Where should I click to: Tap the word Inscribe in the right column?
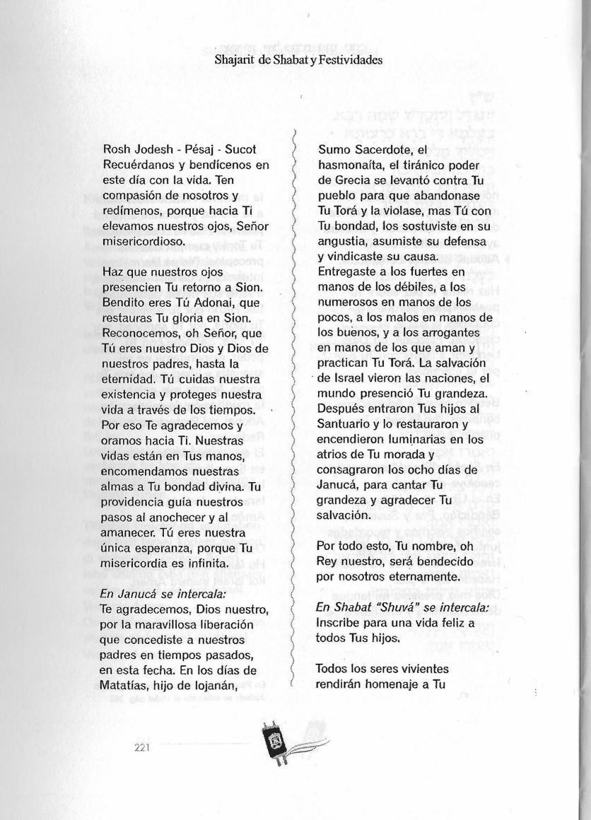pos(339,623)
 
